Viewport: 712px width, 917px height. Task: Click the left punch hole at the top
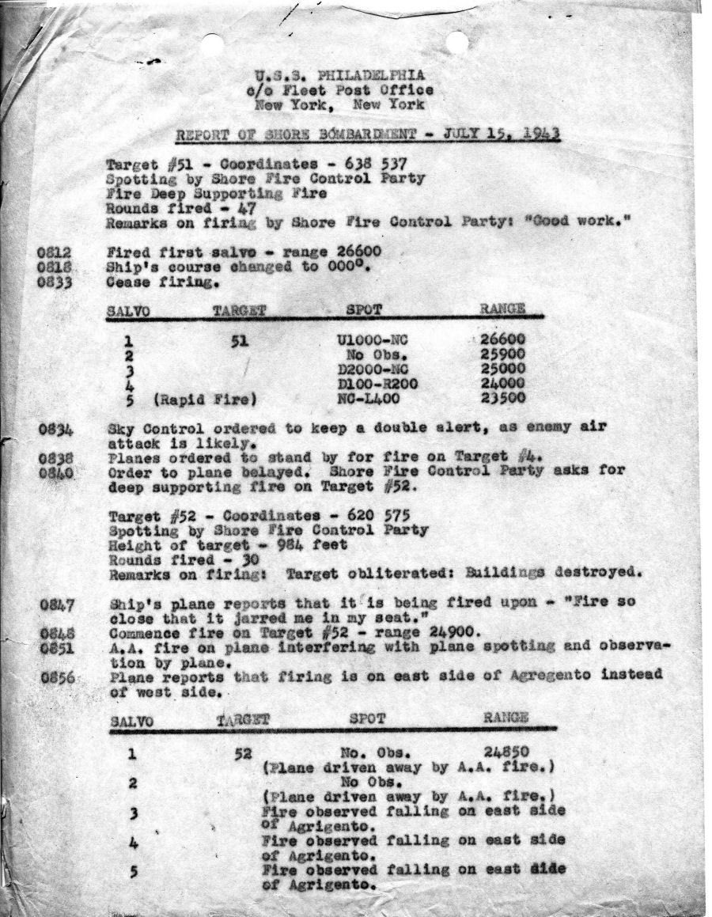[211, 44]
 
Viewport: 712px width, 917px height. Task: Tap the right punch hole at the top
[456, 42]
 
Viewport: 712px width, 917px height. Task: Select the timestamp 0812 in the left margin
[55, 253]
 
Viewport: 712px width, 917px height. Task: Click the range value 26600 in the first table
[503, 341]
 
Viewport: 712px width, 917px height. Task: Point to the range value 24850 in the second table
[506, 752]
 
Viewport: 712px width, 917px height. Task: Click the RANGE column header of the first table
[502, 309]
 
